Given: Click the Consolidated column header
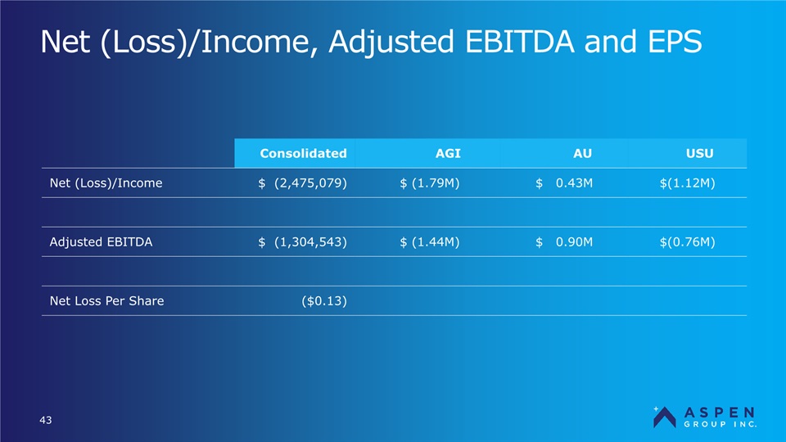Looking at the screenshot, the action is tap(303, 153).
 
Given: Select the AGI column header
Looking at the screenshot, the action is tap(448, 153).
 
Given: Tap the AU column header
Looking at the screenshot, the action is tap(582, 153).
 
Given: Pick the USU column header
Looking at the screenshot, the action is tap(699, 153).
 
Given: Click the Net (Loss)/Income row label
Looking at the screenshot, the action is tap(106, 183).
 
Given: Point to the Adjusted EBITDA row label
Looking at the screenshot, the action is tap(101, 242).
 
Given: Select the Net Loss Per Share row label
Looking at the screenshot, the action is tap(106, 300).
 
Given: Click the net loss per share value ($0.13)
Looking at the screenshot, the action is tap(324, 300).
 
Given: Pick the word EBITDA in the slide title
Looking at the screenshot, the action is tap(519, 41).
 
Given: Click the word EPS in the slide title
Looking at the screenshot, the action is tap(675, 41).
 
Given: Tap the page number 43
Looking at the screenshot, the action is tap(46, 420).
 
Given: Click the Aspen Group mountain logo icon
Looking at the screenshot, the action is tap(664, 417).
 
